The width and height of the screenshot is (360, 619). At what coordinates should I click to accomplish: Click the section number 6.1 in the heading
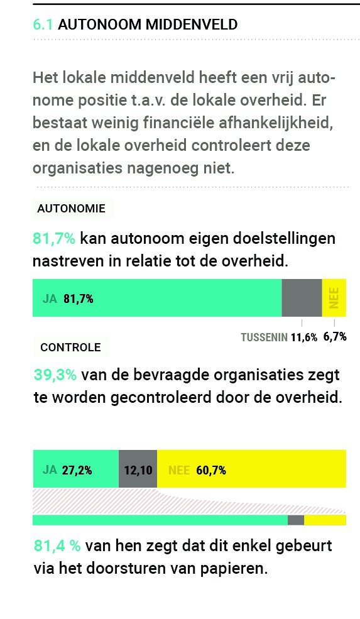point(43,25)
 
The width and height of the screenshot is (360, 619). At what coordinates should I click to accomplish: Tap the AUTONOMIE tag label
point(72,208)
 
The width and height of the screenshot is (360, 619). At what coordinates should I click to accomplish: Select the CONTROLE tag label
point(70,347)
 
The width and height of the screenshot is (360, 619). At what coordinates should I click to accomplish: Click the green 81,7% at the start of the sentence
point(54,239)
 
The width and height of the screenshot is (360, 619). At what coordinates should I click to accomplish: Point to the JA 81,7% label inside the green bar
point(68,299)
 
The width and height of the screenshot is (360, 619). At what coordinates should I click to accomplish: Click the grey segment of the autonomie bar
point(302,298)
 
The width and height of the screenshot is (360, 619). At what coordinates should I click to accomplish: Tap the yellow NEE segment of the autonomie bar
point(334,298)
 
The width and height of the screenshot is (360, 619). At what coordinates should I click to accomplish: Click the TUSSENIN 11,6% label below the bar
point(279,337)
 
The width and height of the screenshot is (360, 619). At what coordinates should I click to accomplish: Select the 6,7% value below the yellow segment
point(335,337)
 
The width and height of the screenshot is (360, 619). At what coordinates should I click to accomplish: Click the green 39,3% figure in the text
point(55,375)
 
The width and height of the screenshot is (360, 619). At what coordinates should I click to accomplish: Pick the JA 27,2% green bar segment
point(75,469)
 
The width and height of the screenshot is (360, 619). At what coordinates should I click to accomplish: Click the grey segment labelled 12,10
point(138,469)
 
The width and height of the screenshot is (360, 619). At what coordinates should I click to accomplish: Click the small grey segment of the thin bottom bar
point(296,520)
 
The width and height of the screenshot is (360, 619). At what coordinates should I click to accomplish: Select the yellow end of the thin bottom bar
point(325,520)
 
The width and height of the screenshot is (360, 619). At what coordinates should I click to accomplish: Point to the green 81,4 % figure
point(57,545)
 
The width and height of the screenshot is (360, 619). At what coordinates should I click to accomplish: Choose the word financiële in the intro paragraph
point(165,123)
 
